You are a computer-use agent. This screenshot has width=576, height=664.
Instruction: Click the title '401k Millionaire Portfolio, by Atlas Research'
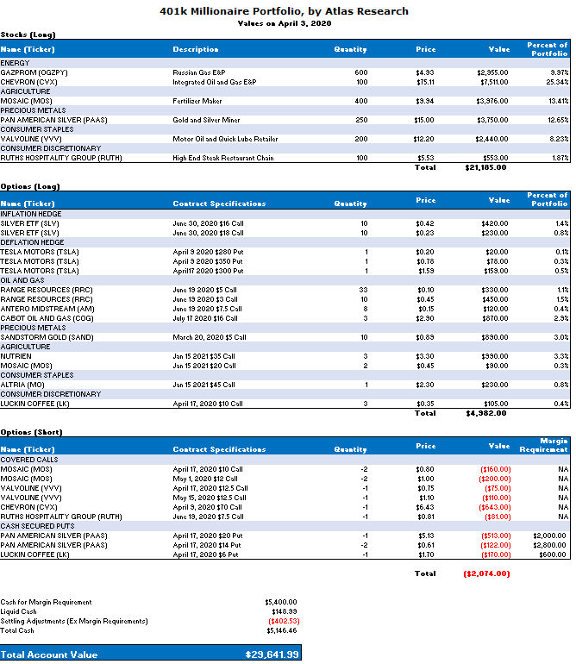point(285,11)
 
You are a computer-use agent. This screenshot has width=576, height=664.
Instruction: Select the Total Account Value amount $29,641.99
point(272,655)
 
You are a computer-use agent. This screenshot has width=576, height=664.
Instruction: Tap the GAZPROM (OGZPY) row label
point(41,72)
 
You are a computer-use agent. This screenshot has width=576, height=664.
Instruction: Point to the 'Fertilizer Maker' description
point(197,101)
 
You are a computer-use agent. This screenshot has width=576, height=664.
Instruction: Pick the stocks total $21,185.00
point(485,167)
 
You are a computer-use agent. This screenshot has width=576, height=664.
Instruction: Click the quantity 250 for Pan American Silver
point(360,120)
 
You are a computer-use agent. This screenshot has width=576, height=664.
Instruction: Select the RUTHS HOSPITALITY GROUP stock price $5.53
point(424,158)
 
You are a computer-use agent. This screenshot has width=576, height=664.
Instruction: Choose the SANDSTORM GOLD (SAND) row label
point(41,337)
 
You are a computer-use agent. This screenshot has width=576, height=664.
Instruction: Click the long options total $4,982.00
point(485,413)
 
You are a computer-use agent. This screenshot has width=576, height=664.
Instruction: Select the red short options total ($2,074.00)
point(485,573)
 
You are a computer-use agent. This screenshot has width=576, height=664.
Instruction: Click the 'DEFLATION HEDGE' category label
point(31,242)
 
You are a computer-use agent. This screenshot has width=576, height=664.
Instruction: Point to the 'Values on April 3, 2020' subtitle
point(284,23)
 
